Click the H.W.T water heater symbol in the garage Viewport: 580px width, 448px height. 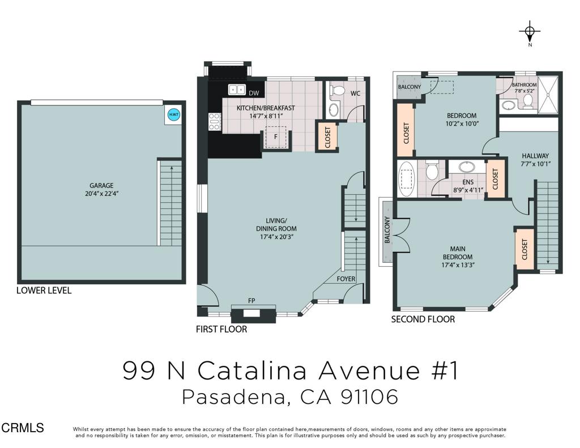173,115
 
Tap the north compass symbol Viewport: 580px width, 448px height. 530,31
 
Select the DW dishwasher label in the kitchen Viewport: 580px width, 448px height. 254,93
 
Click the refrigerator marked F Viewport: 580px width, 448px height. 276,137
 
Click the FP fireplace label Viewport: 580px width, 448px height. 251,301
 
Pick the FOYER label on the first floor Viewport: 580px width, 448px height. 346,279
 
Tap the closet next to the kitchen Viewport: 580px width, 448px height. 327,136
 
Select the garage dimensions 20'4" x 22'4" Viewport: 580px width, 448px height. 101,193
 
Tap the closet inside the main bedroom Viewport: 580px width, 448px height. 524,248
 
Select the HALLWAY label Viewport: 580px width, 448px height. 535,155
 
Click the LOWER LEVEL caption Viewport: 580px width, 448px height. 44,291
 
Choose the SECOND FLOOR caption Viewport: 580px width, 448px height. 423,319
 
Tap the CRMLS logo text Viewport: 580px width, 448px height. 22,428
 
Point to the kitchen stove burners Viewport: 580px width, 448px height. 215,122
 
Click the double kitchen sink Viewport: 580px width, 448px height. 237,89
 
